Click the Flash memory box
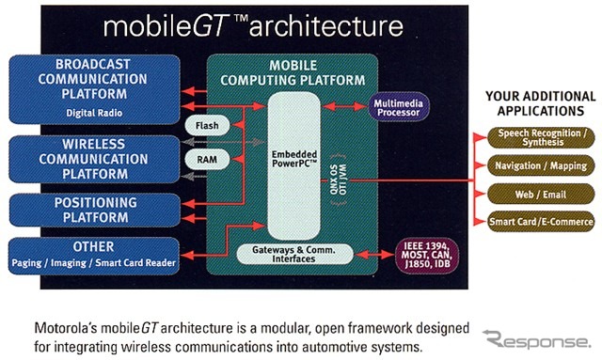[208, 125]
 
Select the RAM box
[208, 160]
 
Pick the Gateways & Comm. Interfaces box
[294, 253]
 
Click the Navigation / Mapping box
[540, 165]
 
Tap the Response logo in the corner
[536, 338]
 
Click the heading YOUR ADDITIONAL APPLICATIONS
[540, 103]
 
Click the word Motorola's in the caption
[66, 331]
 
